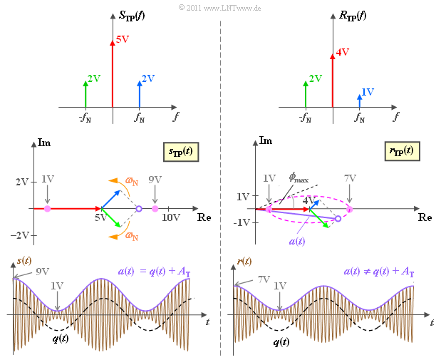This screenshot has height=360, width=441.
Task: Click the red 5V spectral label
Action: point(122,40)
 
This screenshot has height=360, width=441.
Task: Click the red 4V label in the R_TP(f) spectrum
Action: point(342,52)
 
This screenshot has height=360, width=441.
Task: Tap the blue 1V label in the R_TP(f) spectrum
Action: point(368,92)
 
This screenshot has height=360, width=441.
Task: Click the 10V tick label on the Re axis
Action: point(170,217)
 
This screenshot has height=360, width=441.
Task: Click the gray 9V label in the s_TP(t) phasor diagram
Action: point(155,180)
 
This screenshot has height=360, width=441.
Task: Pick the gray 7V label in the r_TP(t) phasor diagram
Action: point(350,178)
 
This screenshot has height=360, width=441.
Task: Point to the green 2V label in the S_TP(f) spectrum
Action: point(93,78)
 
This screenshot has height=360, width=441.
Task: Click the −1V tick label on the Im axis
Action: point(243,222)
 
